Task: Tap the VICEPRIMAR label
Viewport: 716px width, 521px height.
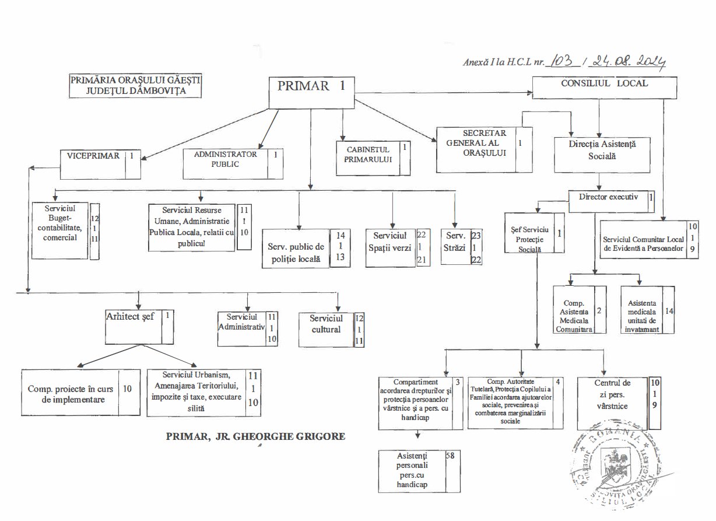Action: coord(93,156)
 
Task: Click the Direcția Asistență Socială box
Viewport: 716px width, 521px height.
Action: coord(602,149)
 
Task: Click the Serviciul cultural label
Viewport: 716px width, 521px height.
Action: coord(325,324)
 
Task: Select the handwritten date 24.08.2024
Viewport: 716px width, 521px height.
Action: coord(628,61)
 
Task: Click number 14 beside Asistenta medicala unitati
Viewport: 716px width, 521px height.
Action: coord(669,310)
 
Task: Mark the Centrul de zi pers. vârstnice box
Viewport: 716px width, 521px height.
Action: coord(612,394)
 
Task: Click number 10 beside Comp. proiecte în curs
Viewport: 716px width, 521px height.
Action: coord(128,388)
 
